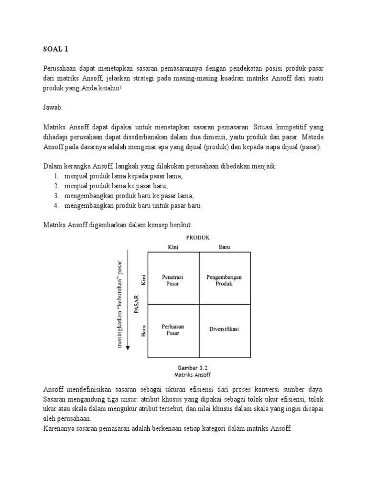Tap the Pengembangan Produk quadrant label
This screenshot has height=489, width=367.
tap(224, 280)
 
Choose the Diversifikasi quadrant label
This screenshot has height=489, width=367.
tap(224, 329)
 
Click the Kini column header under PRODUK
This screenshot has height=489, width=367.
tap(172, 247)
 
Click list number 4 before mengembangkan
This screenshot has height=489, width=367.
tap(56, 206)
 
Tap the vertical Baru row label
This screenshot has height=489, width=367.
tap(143, 331)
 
